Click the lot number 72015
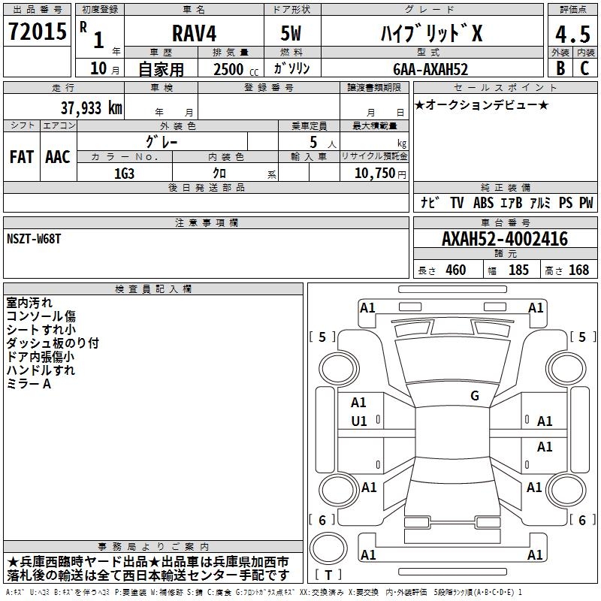[x=38, y=31]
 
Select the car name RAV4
[x=194, y=33]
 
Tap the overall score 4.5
[x=572, y=34]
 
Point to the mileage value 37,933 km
[x=92, y=108]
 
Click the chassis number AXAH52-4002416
[x=505, y=239]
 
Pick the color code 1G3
[x=124, y=174]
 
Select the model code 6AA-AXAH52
[x=430, y=69]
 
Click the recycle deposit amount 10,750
[x=374, y=174]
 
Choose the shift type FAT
[x=22, y=157]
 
